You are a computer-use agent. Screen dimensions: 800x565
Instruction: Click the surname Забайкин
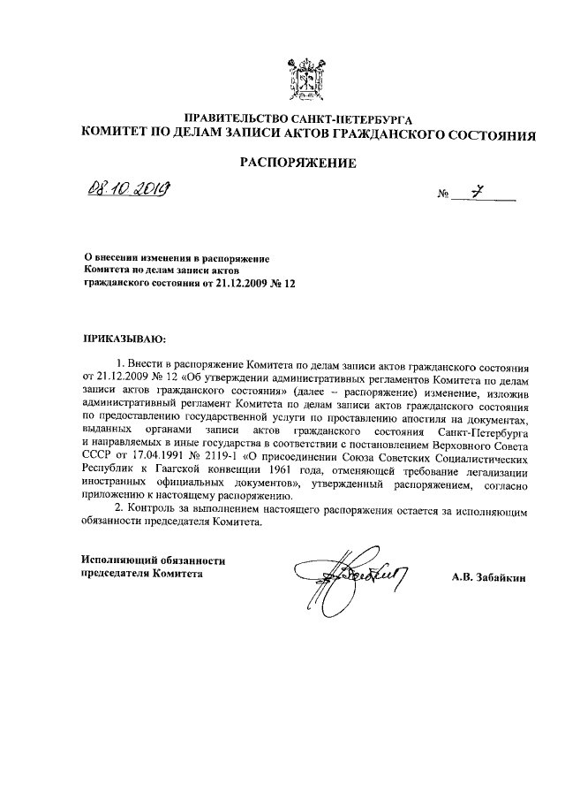[499, 577]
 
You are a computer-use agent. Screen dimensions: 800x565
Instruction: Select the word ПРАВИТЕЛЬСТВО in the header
[232, 118]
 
